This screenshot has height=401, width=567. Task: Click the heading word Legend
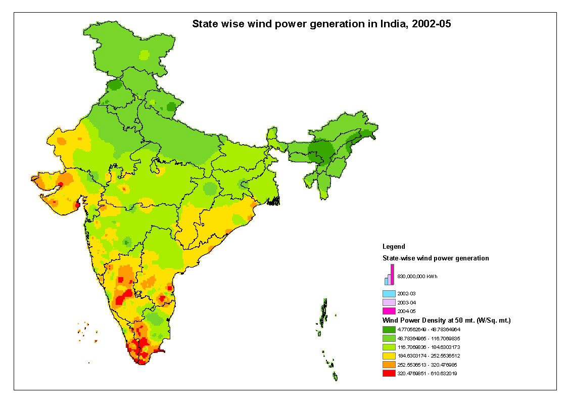pos(393,247)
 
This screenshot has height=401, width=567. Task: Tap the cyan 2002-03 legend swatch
pos(389,293)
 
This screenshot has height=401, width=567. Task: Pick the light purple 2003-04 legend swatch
pos(389,302)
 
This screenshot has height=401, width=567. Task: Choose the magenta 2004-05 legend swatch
pos(389,311)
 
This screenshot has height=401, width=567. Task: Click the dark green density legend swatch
pos(389,329)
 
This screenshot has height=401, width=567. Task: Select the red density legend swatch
pos(389,373)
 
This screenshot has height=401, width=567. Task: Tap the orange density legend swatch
pos(389,365)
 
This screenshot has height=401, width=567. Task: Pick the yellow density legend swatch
pos(389,355)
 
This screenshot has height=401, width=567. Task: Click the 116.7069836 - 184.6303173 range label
pos(429,347)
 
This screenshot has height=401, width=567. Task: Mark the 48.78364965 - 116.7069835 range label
pos(429,338)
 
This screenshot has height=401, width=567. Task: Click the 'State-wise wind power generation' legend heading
pos(435,258)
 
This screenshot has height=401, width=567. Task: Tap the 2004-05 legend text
pos(406,311)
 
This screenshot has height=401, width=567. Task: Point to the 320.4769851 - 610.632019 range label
pos(428,373)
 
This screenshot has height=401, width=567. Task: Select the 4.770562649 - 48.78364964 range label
pos(429,329)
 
